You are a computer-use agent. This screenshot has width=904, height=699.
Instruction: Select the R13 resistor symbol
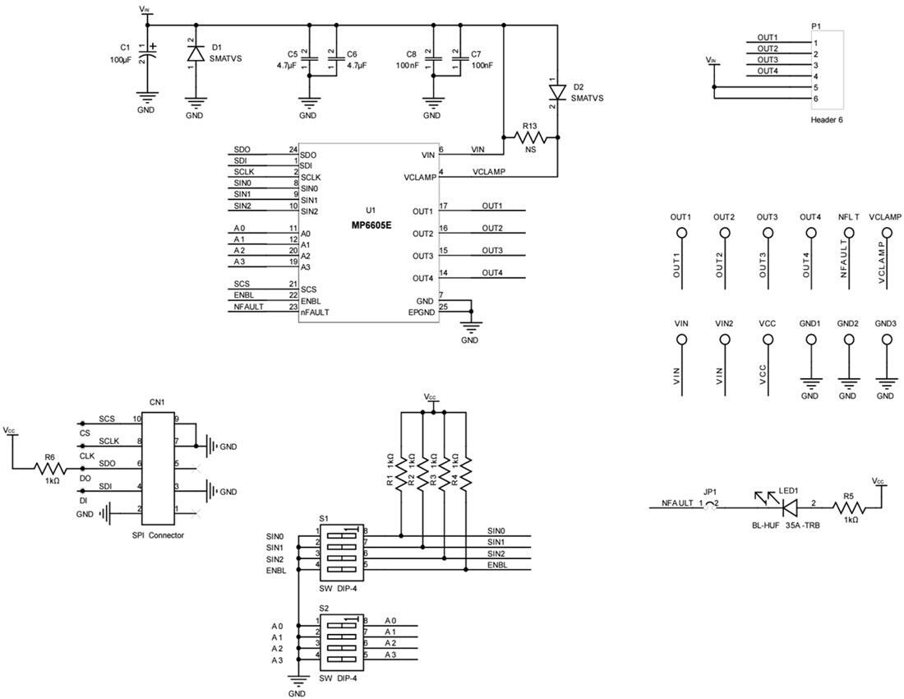530,137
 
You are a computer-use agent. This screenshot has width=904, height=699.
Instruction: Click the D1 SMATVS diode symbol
195,53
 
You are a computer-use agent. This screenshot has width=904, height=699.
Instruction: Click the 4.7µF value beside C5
287,65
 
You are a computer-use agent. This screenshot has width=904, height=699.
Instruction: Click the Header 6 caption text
827,120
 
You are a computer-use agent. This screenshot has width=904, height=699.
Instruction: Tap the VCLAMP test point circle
885,234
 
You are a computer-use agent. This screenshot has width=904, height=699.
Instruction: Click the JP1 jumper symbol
710,504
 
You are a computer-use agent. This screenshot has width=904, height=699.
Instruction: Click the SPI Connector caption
158,535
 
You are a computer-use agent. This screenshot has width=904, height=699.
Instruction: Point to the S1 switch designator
324,520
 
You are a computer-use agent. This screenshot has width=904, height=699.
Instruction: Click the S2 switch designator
324,609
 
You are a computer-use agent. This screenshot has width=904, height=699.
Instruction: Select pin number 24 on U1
292,150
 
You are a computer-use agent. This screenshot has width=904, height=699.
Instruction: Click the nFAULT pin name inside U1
316,312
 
